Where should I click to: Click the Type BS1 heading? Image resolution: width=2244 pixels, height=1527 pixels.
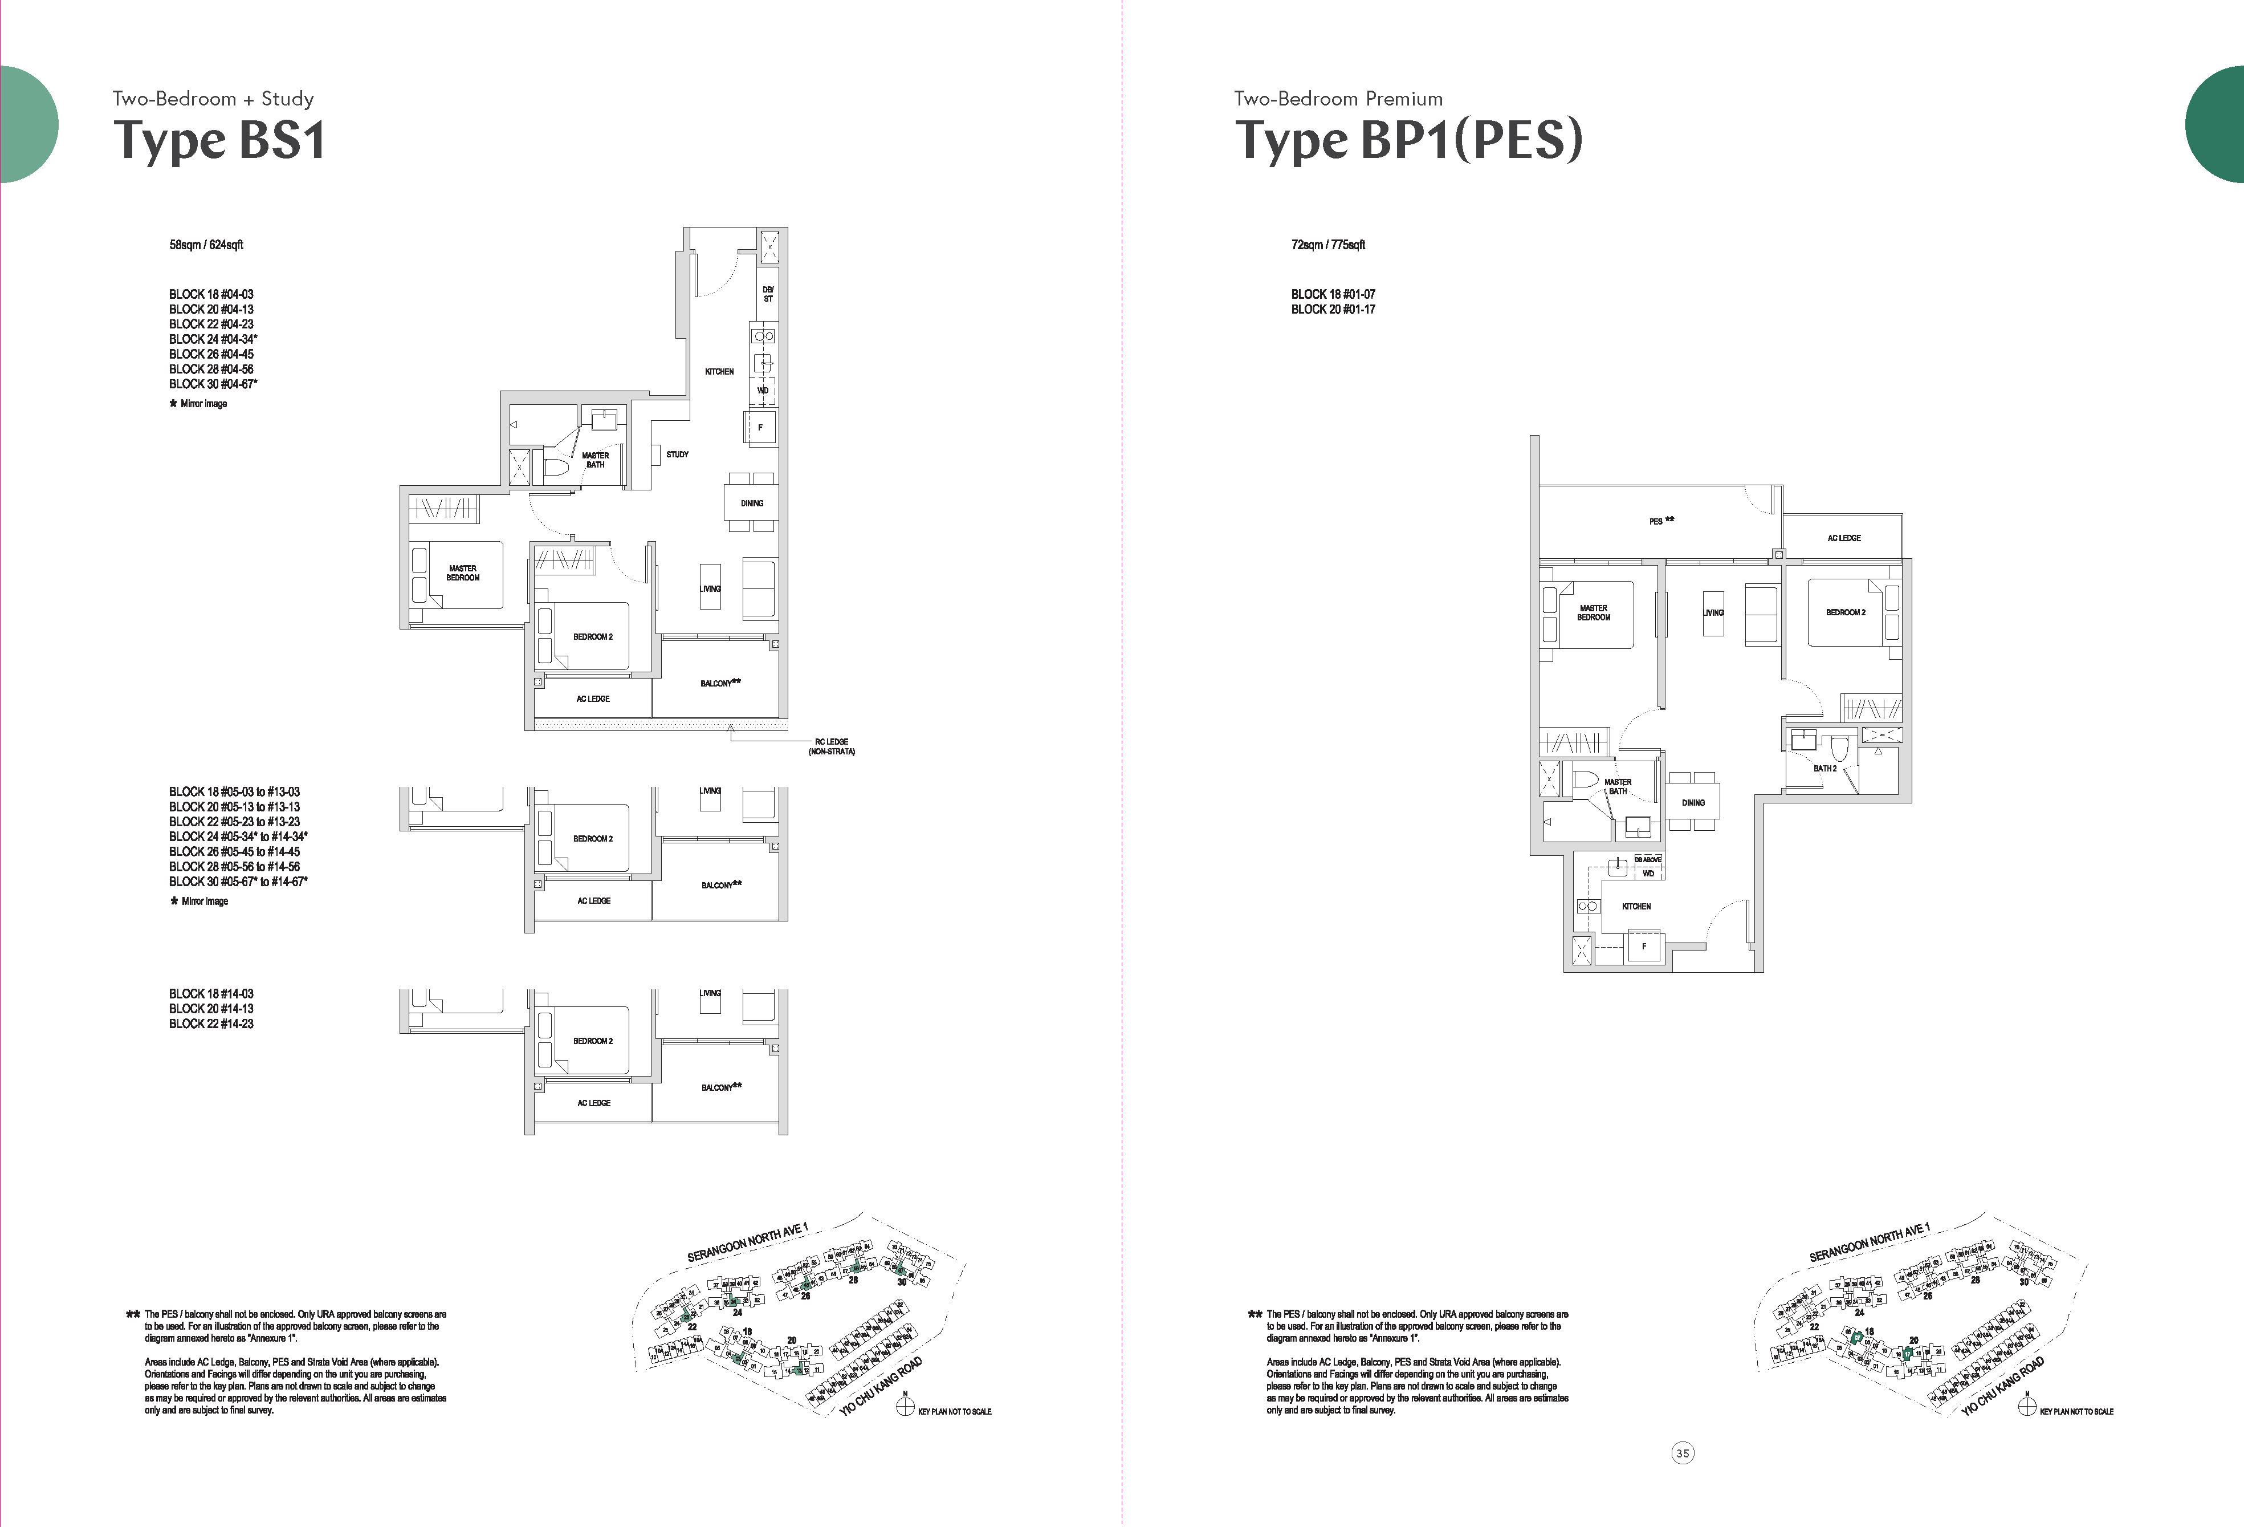point(219,141)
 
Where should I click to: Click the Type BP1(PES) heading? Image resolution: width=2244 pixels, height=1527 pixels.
point(1409,141)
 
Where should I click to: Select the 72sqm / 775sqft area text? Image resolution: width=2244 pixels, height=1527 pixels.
point(1327,245)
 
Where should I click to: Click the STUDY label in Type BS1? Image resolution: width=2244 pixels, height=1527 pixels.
point(677,454)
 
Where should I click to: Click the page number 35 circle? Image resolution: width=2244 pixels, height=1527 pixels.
point(1682,1453)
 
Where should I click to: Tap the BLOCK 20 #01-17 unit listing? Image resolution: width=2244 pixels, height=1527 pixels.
point(1333,309)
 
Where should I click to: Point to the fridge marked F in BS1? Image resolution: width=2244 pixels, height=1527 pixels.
point(760,427)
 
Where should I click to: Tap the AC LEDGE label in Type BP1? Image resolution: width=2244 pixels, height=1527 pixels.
point(1843,538)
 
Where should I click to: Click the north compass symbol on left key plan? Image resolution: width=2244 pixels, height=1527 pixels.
point(905,1407)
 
